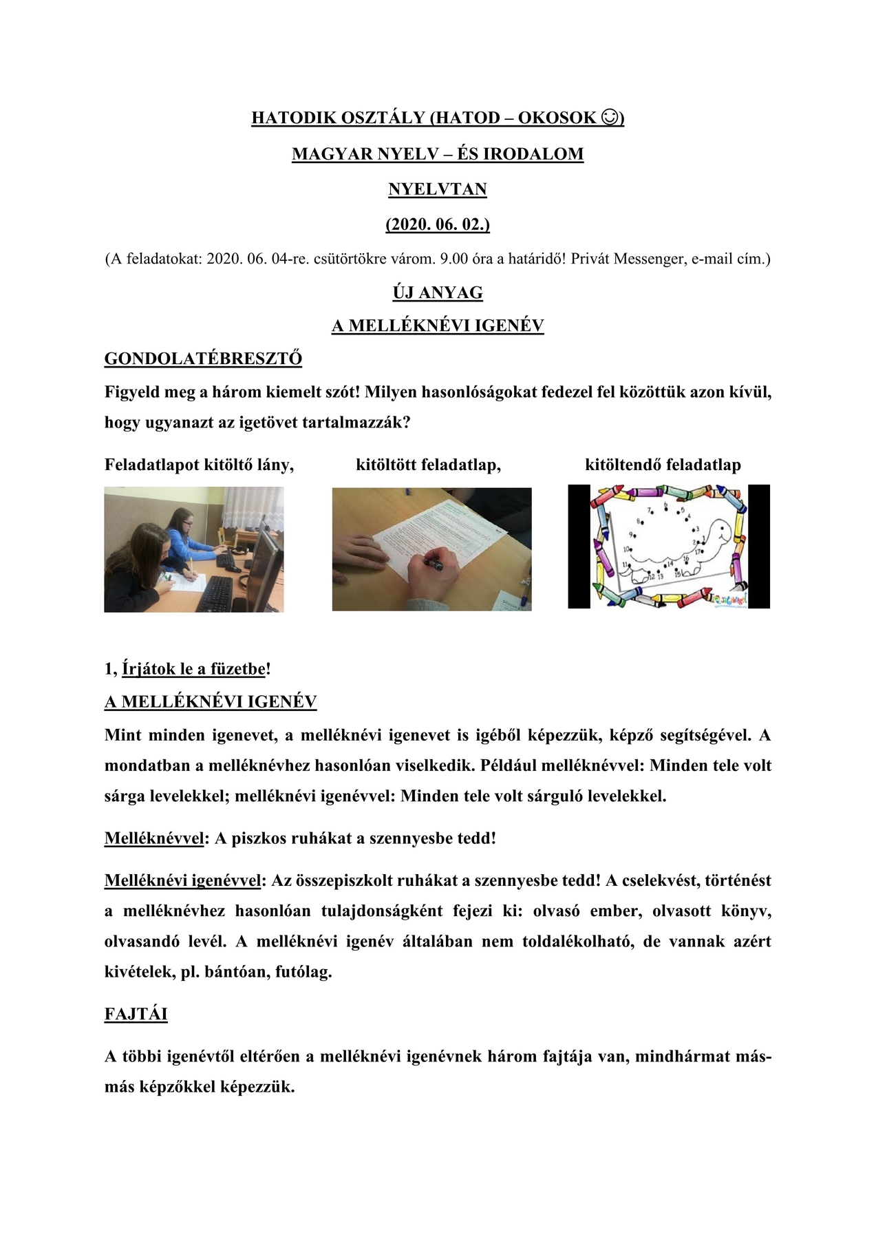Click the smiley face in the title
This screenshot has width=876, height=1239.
pos(609,118)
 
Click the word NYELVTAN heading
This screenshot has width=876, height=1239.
pos(438,189)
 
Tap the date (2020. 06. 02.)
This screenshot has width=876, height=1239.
pos(438,224)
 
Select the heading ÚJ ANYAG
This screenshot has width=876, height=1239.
pos(438,293)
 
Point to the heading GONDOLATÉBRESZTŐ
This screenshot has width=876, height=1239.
pos(203,359)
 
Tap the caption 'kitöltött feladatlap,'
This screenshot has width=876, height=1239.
pos(428,465)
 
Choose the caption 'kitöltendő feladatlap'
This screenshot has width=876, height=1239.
pos(663,465)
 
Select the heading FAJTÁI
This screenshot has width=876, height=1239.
pos(136,1014)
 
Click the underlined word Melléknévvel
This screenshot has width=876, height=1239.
pos(154,838)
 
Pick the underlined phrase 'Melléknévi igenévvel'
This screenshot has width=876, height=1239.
pos(183,880)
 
